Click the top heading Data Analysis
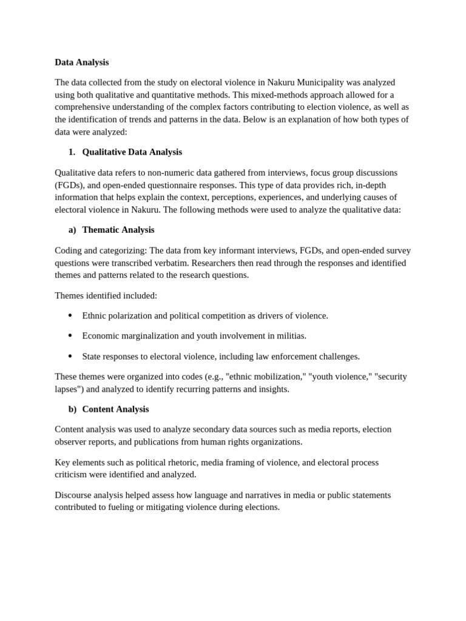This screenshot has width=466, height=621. (81, 62)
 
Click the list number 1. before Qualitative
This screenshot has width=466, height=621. (72, 152)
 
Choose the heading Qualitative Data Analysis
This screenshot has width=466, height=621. (132, 152)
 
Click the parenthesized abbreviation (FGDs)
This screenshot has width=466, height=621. (68, 185)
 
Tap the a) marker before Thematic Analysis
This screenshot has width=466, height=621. (72, 230)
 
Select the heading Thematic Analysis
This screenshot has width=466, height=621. (118, 230)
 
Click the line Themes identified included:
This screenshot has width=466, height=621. (106, 295)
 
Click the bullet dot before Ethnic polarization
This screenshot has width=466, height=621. (70, 315)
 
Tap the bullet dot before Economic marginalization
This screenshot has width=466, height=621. (70, 335)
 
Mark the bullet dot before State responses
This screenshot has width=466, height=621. (70, 356)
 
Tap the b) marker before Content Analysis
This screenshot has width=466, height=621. (72, 409)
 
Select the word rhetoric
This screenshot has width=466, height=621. (175, 462)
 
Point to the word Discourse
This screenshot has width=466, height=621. (73, 495)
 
